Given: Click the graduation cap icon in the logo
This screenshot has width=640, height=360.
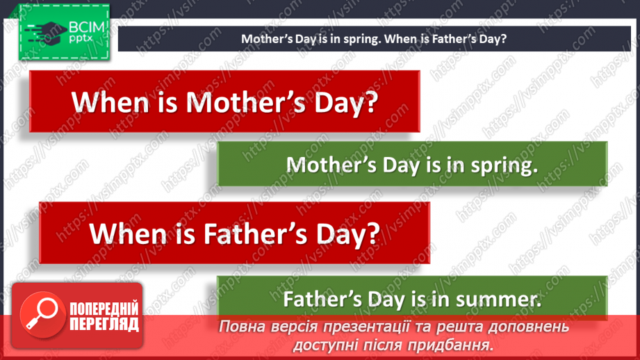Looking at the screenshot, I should pos(44,30).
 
